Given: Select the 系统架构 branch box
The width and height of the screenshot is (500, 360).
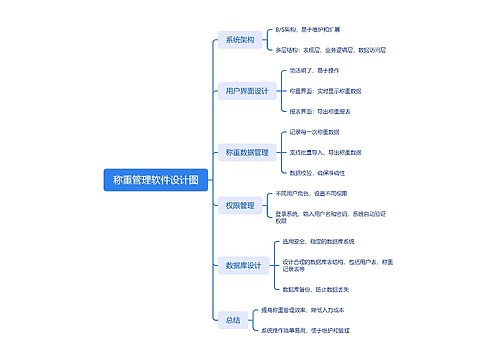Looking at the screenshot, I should pyautogui.click(x=240, y=40).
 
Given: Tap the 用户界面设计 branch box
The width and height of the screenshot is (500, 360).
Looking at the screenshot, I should pyautogui.click(x=246, y=91).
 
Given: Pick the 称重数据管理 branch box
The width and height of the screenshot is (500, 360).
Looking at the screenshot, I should pyautogui.click(x=246, y=152).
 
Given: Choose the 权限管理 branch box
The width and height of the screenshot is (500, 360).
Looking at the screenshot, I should pyautogui.click(x=240, y=205).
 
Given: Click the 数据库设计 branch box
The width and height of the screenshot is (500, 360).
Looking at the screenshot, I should pyautogui.click(x=243, y=265).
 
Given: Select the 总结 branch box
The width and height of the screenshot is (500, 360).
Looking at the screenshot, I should pyautogui.click(x=233, y=320).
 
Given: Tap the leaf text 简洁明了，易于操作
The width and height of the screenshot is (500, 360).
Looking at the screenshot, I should pyautogui.click(x=313, y=71).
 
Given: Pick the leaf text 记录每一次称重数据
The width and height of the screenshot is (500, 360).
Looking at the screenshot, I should pyautogui.click(x=314, y=132).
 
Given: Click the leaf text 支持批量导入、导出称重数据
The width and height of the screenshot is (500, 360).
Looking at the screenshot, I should pyautogui.click(x=325, y=152).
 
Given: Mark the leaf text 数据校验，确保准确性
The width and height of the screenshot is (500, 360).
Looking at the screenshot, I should pyautogui.click(x=316, y=172).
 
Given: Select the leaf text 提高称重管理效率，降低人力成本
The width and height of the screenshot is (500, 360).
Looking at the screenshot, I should pyautogui.click(x=309, y=310).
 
